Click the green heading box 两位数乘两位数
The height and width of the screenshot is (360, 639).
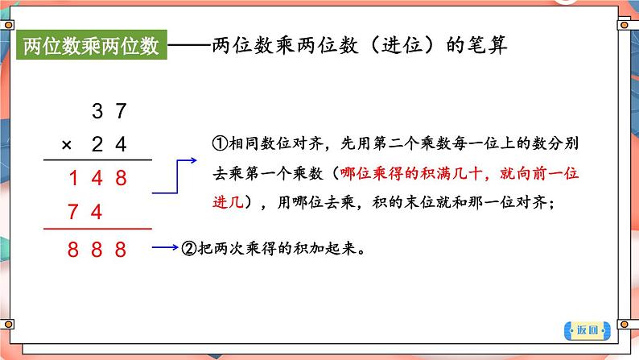92,45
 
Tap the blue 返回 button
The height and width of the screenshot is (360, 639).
587,330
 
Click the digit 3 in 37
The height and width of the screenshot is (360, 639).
97,111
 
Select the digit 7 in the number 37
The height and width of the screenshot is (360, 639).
121,111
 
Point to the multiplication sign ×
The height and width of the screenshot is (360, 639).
67,145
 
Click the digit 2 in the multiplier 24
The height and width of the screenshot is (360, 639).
97,144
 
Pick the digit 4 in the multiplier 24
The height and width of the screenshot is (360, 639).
121,144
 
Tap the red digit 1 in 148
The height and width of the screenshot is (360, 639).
74,178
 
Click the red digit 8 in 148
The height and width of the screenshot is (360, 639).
121,178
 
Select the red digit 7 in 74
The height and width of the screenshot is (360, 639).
73,212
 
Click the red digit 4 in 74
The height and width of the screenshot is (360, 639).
97,212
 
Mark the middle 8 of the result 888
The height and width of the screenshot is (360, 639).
97,250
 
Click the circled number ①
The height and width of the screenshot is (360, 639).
220,143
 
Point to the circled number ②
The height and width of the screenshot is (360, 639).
188,248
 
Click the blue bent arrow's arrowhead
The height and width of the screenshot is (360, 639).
193,160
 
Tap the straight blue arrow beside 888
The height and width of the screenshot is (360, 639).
165,247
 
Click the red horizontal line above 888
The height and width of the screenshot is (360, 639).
98,229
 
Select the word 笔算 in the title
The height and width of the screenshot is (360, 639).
488,45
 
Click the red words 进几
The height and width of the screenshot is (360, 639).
228,202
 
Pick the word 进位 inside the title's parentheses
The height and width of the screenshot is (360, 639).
402,45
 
